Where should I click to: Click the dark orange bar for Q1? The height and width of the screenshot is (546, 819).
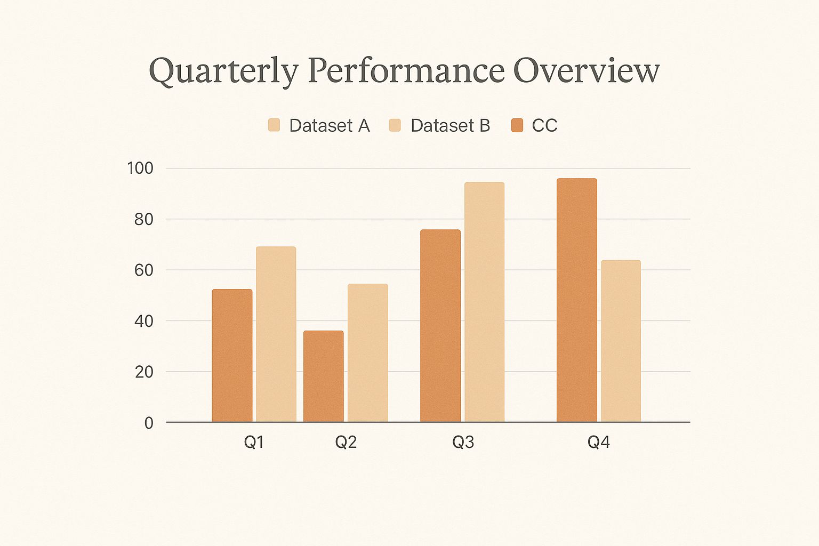pos(232,356)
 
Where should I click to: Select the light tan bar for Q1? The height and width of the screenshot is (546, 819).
pos(276,334)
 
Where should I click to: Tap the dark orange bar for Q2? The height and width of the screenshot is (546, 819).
pos(324,376)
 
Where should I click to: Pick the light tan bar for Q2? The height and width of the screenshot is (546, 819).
pos(368,353)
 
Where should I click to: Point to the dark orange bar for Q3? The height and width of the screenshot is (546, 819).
pos(440,326)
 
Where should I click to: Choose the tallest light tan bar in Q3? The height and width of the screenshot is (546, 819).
pos(484,302)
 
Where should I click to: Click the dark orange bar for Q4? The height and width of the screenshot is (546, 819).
pos(577,300)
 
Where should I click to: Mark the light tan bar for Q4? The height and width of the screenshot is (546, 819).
pos(621,341)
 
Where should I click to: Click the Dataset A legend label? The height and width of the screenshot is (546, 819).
pos(329,125)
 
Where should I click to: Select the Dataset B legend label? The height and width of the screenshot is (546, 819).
pos(450,125)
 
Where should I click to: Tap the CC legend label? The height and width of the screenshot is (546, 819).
pos(544,125)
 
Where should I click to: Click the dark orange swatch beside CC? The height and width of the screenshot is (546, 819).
pos(517,125)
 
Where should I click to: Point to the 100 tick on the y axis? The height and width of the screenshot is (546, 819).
pos(140,168)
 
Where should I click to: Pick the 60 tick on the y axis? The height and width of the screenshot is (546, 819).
pos(143,270)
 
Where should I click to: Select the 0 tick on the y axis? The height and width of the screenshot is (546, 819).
pos(149,423)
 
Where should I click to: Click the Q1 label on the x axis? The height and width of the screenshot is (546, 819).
pos(254,442)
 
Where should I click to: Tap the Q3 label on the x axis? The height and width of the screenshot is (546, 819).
pos(463,442)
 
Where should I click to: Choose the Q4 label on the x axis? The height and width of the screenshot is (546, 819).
pos(598,442)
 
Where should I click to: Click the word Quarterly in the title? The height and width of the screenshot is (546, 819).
pos(223,71)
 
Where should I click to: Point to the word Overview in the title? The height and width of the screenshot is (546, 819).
pos(587,70)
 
